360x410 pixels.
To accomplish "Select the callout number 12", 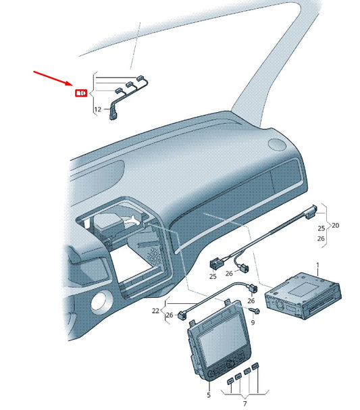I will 98,109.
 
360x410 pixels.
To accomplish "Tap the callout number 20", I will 335,226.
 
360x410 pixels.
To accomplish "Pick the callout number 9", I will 253,324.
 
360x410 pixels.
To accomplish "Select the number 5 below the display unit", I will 209,394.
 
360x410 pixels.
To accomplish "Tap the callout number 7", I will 246,404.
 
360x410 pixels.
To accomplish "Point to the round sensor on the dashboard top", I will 276,144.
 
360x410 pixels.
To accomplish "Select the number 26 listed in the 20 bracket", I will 320,238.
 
